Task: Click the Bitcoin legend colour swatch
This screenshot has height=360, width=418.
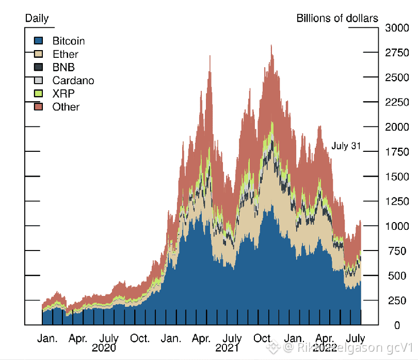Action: point(38,41)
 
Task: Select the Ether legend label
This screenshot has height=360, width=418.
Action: point(66,54)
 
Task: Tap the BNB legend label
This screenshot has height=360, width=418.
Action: point(63,67)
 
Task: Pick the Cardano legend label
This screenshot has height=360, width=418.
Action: point(73,81)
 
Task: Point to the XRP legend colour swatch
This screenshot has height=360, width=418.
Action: point(38,93)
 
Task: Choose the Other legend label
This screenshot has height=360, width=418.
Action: point(66,107)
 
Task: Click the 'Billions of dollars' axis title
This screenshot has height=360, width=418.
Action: point(337,19)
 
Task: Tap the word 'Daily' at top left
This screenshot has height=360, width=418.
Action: point(37,19)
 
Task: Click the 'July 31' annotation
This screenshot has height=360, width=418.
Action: point(346,146)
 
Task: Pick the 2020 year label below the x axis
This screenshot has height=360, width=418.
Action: point(104,348)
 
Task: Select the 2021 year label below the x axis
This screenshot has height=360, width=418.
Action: point(227,348)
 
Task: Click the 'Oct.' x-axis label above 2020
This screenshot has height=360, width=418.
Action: point(140,339)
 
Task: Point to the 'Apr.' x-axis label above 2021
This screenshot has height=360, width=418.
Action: point(201,339)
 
